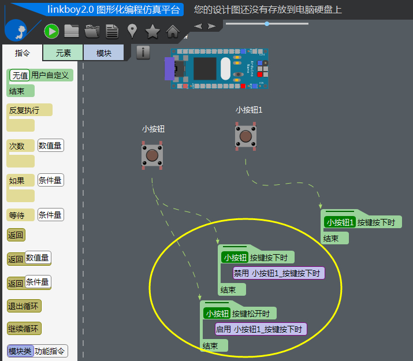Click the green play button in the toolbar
pos(51,31)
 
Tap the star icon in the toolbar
pos(152,31)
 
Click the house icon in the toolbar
pos(173,31)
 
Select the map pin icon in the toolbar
pos(132,31)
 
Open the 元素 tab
pos(64,53)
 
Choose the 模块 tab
pos(104,53)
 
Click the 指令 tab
pos(23,53)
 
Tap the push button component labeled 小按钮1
pos(246,137)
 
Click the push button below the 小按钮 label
pos(152,156)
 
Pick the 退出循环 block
pos(25,306)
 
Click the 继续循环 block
pos(25,329)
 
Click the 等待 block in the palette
pos(17,215)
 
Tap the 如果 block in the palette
pos(17,181)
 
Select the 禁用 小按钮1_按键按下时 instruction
pos(278,273)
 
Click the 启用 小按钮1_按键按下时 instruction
pos(260,329)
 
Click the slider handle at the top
pos(267,24)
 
